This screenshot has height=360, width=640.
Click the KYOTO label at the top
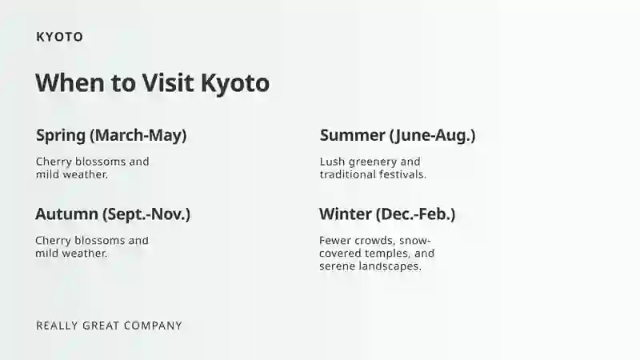point(59,37)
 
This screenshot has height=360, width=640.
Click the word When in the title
point(70,83)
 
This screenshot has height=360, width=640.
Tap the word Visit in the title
point(168,83)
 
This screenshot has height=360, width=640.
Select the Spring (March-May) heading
point(111,135)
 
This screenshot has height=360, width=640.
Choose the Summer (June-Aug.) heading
point(398,135)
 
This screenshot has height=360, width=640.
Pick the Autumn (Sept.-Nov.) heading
point(113,214)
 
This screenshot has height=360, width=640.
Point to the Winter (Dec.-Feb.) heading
point(387,214)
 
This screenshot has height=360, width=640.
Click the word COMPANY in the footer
point(153,326)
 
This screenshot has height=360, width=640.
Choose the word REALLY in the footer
point(57,326)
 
